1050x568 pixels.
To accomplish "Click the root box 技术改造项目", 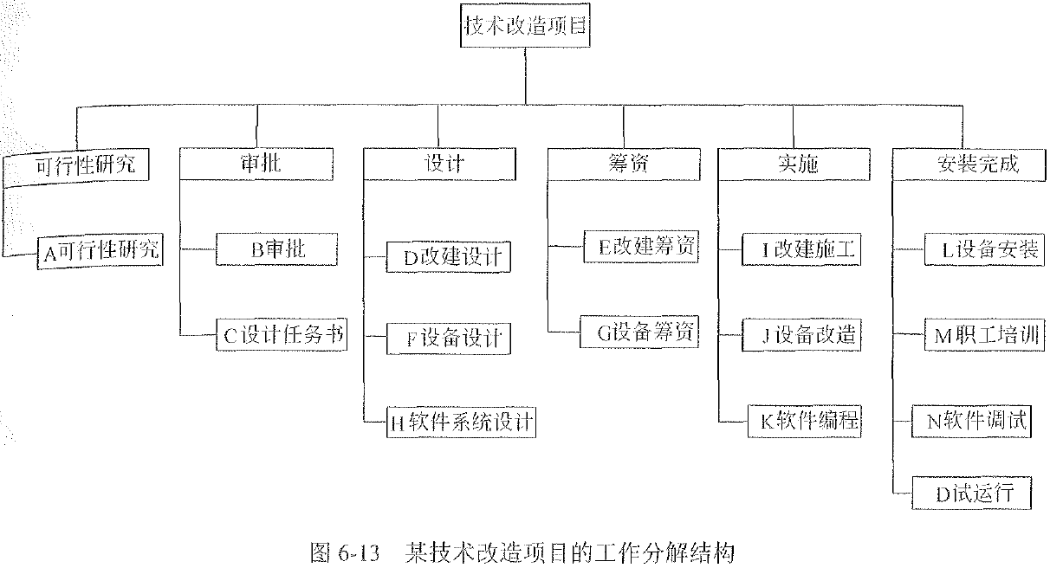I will point(525,26).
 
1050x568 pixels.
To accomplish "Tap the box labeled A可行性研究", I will point(100,251).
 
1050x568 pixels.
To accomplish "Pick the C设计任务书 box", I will point(282,335).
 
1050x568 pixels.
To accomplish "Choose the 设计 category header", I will point(444,164).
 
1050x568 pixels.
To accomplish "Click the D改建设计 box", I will point(448,257).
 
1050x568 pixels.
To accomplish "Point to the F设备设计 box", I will point(448,338).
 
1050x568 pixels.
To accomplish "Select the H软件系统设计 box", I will point(462,423).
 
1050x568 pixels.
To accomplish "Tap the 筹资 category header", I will point(623,164).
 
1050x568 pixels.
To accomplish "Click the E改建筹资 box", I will point(639,247).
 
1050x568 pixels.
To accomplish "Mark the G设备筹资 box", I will point(639,332).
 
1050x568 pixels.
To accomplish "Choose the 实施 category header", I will point(793,164).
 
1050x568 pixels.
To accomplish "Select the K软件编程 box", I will point(806,422).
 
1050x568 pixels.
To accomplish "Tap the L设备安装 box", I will point(980,250).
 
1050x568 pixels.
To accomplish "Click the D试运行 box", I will point(975,494).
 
